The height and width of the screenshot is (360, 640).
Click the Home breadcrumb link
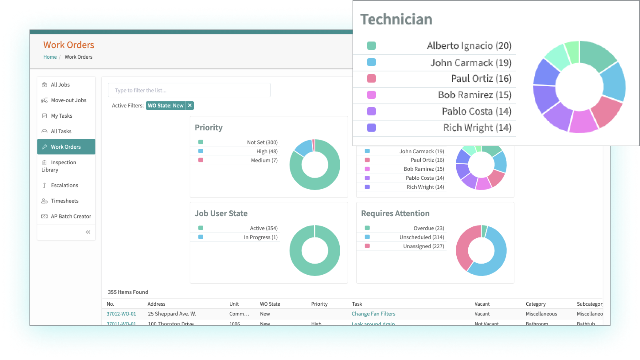pos(50,57)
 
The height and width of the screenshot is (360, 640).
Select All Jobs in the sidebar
pos(60,84)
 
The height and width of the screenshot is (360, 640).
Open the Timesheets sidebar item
pos(64,201)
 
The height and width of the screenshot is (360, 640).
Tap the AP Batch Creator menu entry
pos(71,216)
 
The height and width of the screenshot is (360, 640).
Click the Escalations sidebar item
pos(64,185)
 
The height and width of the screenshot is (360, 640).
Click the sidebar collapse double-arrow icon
pos(88,232)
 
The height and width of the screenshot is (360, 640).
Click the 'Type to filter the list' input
pos(189,90)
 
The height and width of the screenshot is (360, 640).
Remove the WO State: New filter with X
pos(190,105)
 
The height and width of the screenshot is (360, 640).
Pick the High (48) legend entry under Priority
pos(267,151)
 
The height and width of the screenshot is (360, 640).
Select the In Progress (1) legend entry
pos(260,237)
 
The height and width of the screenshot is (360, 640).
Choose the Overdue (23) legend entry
pos(428,228)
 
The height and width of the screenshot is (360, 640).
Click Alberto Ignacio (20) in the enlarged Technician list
pos(469,46)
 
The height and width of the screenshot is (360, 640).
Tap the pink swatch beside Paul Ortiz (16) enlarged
pos(371,79)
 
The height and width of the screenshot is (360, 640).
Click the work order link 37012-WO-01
pos(121,314)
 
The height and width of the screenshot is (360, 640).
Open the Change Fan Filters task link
pos(373,314)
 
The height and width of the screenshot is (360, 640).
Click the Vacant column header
pos(482,304)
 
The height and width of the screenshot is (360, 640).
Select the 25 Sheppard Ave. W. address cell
pos(172,314)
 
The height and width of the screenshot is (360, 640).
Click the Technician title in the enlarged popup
pos(396,19)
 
